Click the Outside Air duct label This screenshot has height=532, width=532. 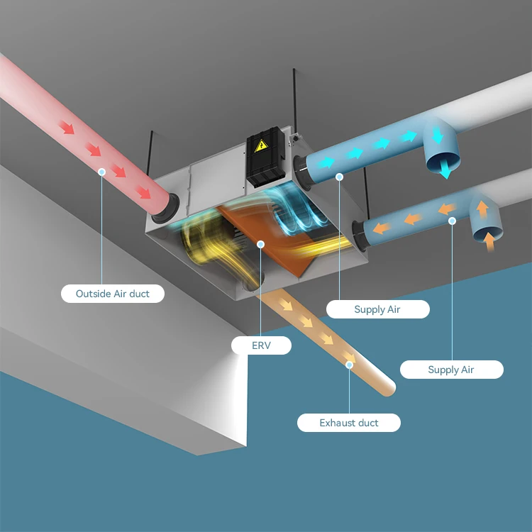click(113, 293)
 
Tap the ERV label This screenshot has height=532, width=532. click(261, 345)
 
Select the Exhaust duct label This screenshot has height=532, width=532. click(349, 423)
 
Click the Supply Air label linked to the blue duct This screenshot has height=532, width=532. click(377, 309)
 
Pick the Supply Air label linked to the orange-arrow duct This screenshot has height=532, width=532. click(451, 370)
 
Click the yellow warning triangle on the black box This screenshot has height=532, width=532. click(261, 146)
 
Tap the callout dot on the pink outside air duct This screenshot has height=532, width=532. click(102, 172)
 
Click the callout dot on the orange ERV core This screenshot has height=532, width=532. click(261, 244)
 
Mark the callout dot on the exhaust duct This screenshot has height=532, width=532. click(349, 365)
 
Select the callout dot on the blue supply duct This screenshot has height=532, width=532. click(340, 176)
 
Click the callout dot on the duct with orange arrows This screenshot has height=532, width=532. click(452, 221)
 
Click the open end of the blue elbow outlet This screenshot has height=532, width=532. click(441, 162)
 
